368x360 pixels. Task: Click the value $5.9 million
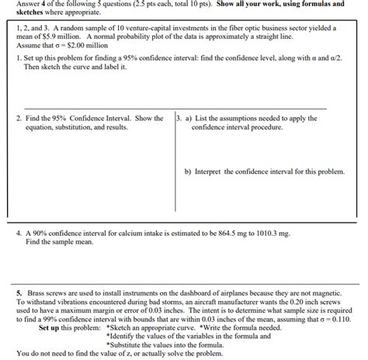(x=43, y=36)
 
